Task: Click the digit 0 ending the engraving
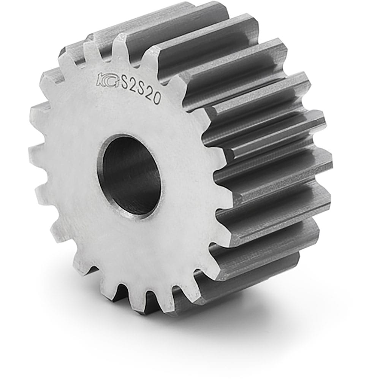pos(157,99)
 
